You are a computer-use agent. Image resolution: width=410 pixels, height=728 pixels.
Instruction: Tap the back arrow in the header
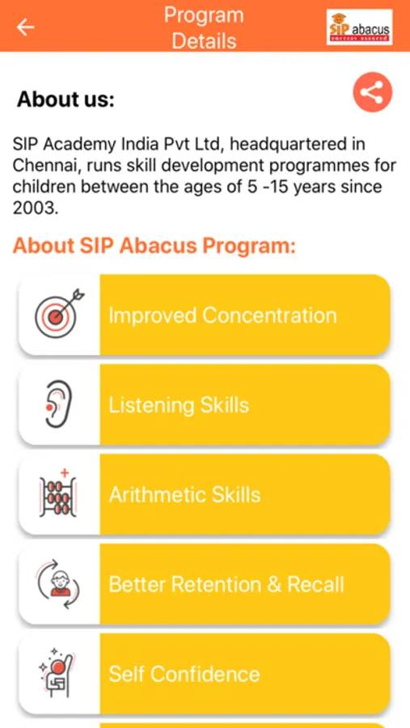pyautogui.click(x=26, y=28)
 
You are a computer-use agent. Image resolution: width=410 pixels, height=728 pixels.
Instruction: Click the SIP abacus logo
pyautogui.click(x=359, y=28)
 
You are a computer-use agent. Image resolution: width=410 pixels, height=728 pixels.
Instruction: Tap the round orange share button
pyautogui.click(x=372, y=92)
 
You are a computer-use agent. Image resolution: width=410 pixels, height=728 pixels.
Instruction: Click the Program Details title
pyautogui.click(x=204, y=28)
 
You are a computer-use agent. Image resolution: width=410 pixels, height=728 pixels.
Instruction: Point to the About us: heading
pyautogui.click(x=66, y=99)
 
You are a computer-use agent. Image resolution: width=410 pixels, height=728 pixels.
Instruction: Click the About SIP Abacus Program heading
pyautogui.click(x=154, y=246)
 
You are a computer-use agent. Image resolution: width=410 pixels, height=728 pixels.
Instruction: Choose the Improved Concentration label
pyautogui.click(x=223, y=315)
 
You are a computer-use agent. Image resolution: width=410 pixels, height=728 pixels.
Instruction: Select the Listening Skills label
pyautogui.click(x=179, y=405)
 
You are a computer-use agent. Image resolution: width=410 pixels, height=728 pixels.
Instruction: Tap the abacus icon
pyautogui.click(x=58, y=493)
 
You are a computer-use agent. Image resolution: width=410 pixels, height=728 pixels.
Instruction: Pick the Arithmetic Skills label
pyautogui.click(x=185, y=495)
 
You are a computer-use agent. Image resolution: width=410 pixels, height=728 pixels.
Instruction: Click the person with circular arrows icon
pyautogui.click(x=58, y=583)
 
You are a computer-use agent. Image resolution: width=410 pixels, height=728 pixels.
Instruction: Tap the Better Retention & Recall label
pyautogui.click(x=226, y=585)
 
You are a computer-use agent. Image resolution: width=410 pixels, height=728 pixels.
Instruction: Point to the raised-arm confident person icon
pyautogui.click(x=57, y=672)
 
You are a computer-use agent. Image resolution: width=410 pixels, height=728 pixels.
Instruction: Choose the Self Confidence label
pyautogui.click(x=184, y=674)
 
